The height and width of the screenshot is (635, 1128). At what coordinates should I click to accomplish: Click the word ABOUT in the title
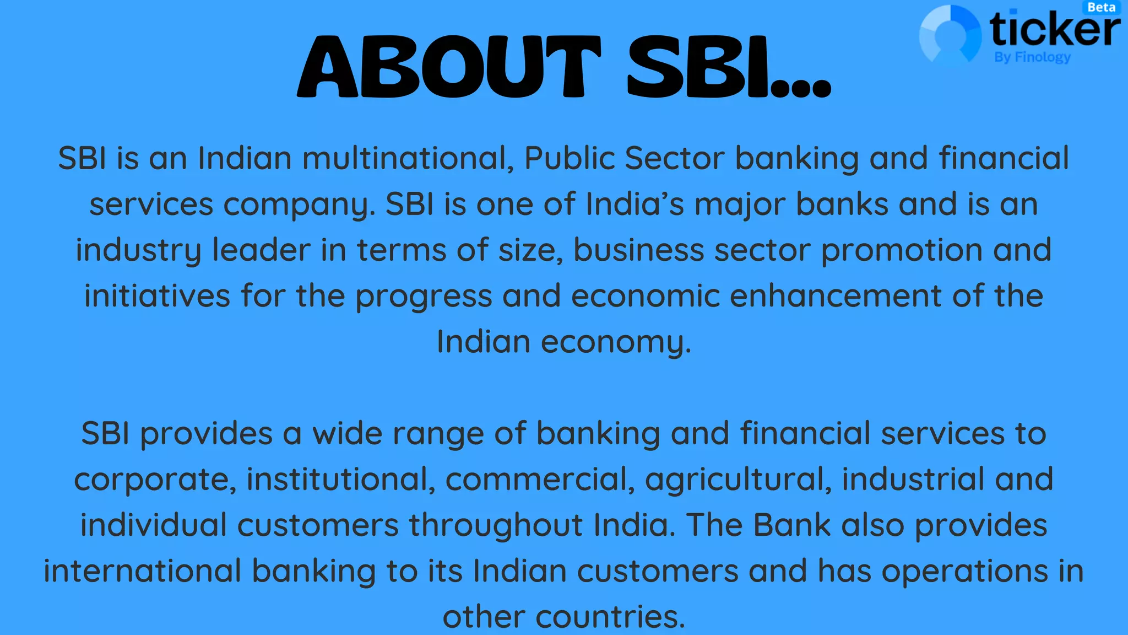pyautogui.click(x=449, y=67)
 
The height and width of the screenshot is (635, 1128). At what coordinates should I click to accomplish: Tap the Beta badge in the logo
pyautogui.click(x=1102, y=8)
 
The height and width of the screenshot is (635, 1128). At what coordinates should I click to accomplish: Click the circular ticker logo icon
pyautogui.click(x=950, y=35)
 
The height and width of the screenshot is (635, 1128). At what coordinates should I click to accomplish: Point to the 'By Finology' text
pyautogui.click(x=1033, y=57)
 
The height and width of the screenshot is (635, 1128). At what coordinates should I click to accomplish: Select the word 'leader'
pyautogui.click(x=261, y=250)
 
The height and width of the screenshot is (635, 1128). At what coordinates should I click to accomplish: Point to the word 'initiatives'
pyautogui.click(x=157, y=296)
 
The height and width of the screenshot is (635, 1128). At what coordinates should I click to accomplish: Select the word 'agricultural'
pyautogui.click(x=738, y=480)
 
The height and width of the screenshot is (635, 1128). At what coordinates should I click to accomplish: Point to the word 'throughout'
pyautogui.click(x=496, y=525)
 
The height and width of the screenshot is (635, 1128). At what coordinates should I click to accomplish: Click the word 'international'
pyautogui.click(x=143, y=571)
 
